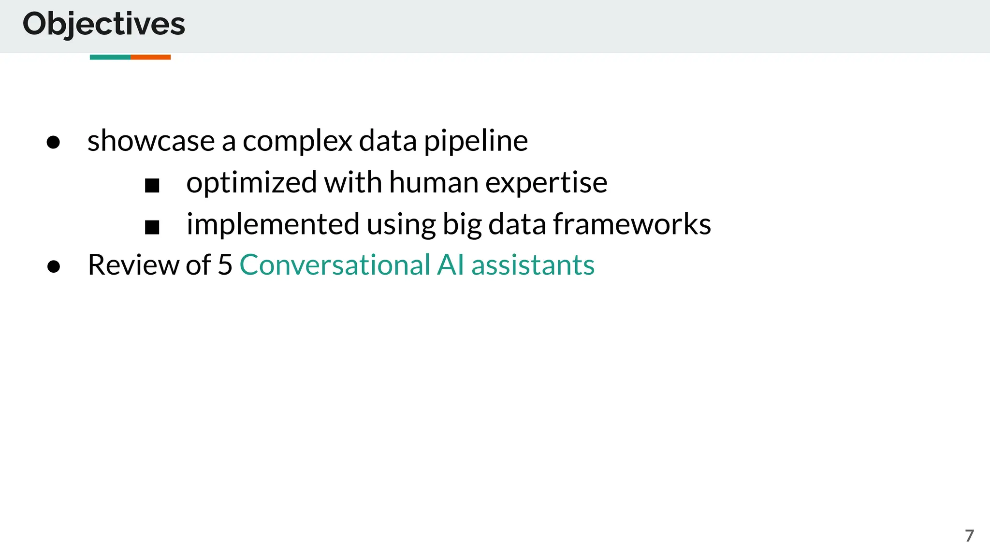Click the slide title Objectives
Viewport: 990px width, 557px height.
[x=103, y=24]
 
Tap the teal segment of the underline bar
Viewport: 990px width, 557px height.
[x=110, y=57]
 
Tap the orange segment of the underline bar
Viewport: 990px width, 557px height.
[x=150, y=57]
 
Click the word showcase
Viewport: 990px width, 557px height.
[x=151, y=141]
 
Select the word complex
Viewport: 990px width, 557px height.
[x=297, y=141]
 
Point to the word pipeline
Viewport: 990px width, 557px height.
[x=476, y=141]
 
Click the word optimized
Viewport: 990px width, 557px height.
[x=251, y=183]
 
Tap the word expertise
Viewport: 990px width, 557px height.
[x=546, y=183]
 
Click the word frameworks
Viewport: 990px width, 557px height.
[x=632, y=224]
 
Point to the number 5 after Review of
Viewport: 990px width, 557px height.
[x=225, y=265]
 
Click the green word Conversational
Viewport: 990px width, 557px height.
[x=335, y=265]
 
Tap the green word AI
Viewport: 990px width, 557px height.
[x=450, y=265]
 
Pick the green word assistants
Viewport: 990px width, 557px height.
[x=533, y=265]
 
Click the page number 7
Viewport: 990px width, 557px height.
[x=969, y=536]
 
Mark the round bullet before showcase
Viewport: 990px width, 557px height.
[x=53, y=142]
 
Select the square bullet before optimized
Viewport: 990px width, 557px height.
[x=152, y=185]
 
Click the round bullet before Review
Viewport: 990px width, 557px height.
[x=54, y=266]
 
